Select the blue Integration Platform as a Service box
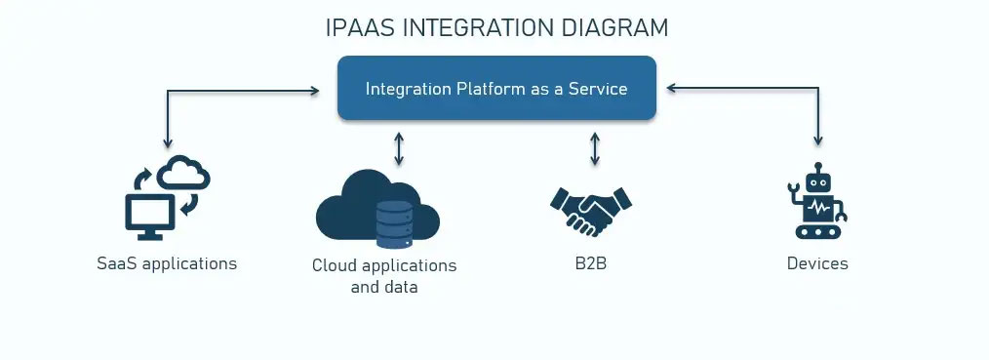point(497,88)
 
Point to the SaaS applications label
point(167,262)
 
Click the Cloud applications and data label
point(384,276)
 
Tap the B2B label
point(591,262)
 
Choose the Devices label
point(817,262)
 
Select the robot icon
point(817,201)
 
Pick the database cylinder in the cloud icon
point(395,224)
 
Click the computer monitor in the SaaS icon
point(150,217)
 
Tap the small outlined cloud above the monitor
point(183,172)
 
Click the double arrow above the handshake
point(595,149)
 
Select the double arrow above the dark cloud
point(398,149)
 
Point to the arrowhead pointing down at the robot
point(818,141)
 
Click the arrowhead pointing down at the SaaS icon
point(167,143)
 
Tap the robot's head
point(818,180)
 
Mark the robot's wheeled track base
point(818,231)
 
